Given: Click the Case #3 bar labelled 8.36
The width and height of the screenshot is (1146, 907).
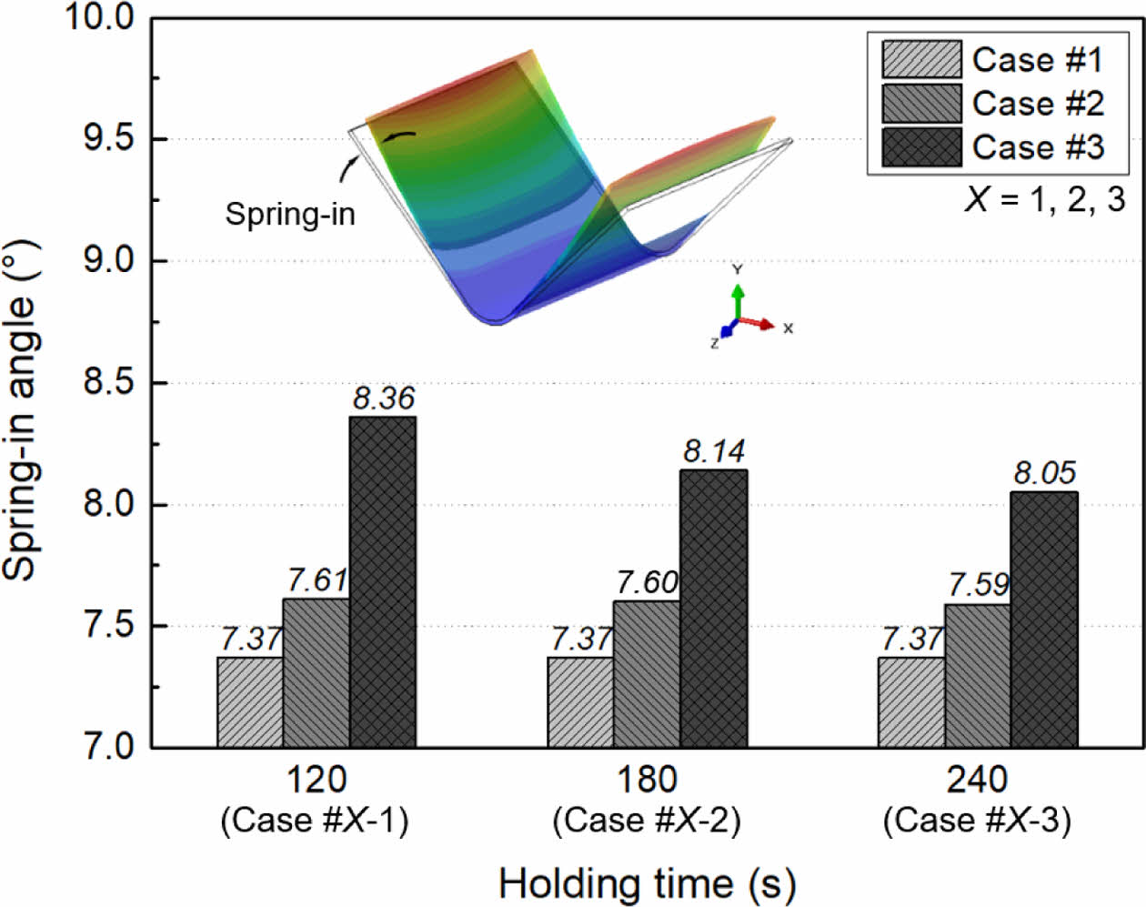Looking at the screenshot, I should pos(383,582).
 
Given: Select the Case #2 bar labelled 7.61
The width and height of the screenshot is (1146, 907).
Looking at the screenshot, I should pos(316,673).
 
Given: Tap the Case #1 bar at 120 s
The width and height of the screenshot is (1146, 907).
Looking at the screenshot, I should pos(250,702).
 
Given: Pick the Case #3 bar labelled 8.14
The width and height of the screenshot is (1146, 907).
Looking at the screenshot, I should pos(714,610).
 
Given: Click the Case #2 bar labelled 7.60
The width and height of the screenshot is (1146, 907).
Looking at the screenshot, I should pos(647,674).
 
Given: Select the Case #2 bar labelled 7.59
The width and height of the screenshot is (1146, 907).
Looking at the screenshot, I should pos(978,676).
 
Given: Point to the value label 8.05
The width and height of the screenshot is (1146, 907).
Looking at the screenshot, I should pos(1044,473).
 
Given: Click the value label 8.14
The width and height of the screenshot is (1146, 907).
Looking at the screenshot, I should pos(714,451).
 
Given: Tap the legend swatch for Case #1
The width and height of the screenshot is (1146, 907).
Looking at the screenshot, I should pos(920,59).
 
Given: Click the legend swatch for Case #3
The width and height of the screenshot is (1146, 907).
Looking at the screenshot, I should pos(920,146).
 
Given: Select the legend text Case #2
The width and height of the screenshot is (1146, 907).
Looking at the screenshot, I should pos(1038,103).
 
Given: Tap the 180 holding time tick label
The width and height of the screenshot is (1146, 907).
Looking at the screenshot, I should pos(647,780).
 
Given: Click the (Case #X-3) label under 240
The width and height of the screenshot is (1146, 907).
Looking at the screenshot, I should pos(977,821).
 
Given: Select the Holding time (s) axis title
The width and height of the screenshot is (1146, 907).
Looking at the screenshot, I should pos(647,883).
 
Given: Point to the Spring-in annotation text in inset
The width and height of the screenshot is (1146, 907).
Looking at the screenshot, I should pos(290,214).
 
